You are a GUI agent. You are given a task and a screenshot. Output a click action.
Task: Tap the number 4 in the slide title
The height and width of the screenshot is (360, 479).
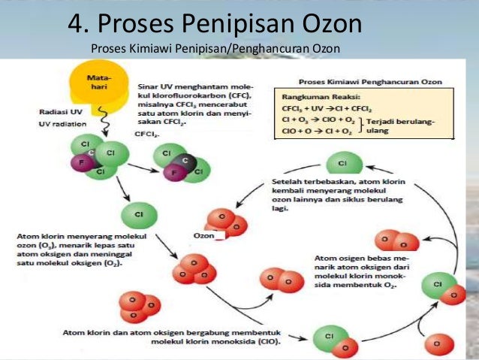tap(76, 24)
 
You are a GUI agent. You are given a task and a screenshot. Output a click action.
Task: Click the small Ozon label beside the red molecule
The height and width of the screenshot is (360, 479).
tap(204, 236)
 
